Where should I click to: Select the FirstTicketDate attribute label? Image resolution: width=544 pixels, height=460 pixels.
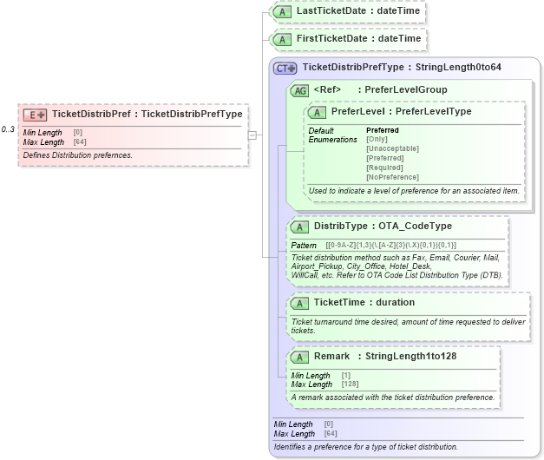358,39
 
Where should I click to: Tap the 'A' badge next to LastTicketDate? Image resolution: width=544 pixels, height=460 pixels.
283,11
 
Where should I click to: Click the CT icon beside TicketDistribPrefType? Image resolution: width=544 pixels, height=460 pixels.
285,68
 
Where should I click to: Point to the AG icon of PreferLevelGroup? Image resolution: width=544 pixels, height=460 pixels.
299,90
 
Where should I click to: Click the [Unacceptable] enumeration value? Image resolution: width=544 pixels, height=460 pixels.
392,148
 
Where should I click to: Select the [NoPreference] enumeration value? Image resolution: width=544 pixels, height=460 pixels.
392,177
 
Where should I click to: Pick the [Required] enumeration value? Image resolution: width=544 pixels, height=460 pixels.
384,168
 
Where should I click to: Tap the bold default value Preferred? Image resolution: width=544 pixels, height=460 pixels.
383,130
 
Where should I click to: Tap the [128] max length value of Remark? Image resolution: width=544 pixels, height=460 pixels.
351,384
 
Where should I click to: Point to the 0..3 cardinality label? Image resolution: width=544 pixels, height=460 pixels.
9,129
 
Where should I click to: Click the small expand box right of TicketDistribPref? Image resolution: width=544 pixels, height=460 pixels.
252,135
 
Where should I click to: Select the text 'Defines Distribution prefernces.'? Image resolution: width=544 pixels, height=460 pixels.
77,155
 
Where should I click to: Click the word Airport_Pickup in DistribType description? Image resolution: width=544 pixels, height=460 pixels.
317,266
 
